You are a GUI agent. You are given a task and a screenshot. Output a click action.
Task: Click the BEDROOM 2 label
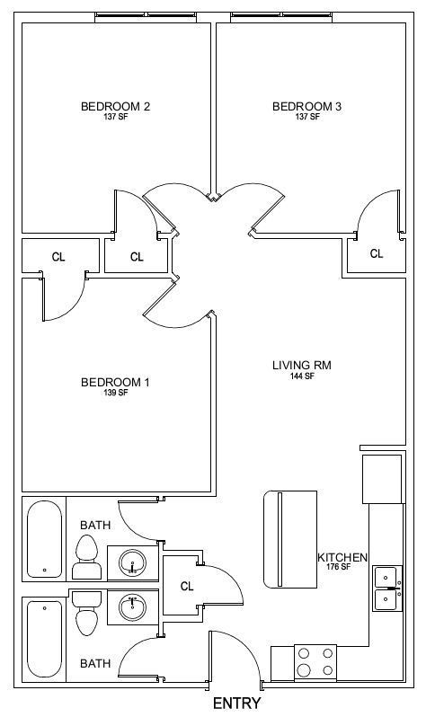pyautogui.click(x=115, y=107)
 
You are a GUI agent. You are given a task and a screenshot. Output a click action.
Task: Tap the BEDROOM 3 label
pyautogui.click(x=306, y=107)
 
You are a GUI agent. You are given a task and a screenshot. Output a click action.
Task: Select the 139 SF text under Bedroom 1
pyautogui.click(x=116, y=393)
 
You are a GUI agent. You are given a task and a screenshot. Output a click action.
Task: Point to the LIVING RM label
pyautogui.click(x=302, y=366)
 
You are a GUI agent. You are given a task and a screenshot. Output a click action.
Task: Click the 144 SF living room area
pyautogui.click(x=302, y=376)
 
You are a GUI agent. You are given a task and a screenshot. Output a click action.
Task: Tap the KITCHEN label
pyautogui.click(x=342, y=558)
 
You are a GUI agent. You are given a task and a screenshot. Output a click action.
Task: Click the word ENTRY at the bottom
pyautogui.click(x=237, y=704)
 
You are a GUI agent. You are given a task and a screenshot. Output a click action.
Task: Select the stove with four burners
pyautogui.click(x=315, y=662)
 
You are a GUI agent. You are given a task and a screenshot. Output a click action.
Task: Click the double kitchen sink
pyautogui.click(x=388, y=589)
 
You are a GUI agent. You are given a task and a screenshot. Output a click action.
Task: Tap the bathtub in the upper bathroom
pyautogui.click(x=44, y=539)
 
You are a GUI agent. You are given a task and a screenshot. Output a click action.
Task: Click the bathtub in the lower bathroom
pyautogui.click(x=44, y=639)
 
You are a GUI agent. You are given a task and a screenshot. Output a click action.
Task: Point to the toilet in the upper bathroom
pyautogui.click(x=85, y=557)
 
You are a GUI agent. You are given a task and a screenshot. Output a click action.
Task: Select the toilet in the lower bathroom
pyautogui.click(x=86, y=613)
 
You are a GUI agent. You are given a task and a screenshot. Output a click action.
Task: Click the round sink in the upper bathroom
pyautogui.click(x=133, y=562)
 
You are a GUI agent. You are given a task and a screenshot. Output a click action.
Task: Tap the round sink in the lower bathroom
pyautogui.click(x=133, y=607)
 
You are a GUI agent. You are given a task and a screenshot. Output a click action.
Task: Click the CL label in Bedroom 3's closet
pyautogui.click(x=377, y=253)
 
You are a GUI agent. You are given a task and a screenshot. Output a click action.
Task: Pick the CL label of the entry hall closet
pyautogui.click(x=187, y=586)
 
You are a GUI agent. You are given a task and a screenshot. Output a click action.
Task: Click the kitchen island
pyautogui.click(x=290, y=540)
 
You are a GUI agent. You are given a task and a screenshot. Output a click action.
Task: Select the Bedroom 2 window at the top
pyautogui.click(x=146, y=17)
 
